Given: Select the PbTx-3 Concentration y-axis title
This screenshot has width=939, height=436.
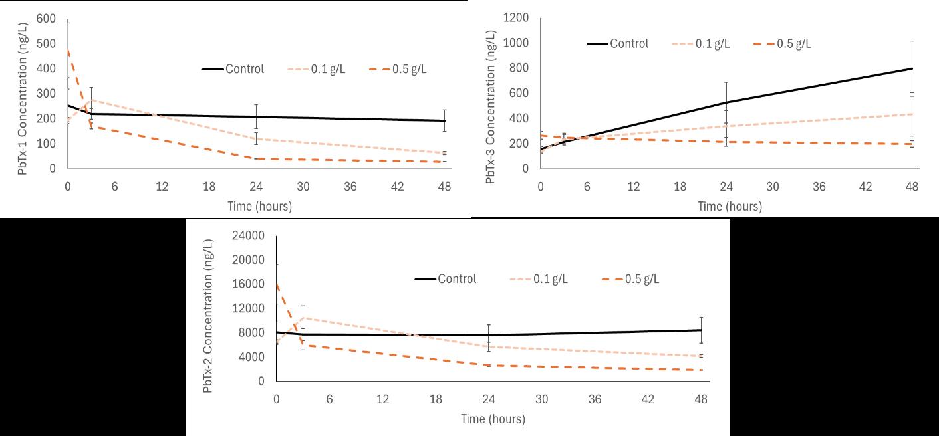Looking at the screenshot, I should point(491,106).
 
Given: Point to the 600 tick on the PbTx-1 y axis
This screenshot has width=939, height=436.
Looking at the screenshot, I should point(47,19).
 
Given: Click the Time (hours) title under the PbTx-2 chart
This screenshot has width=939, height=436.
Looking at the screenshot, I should point(493,419).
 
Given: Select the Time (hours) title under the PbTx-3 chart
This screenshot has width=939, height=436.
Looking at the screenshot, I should point(730,207).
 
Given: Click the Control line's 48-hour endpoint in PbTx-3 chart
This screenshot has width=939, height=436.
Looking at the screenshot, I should point(912,68).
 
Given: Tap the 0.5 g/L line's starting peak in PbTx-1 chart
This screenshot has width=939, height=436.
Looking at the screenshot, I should point(68,50).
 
